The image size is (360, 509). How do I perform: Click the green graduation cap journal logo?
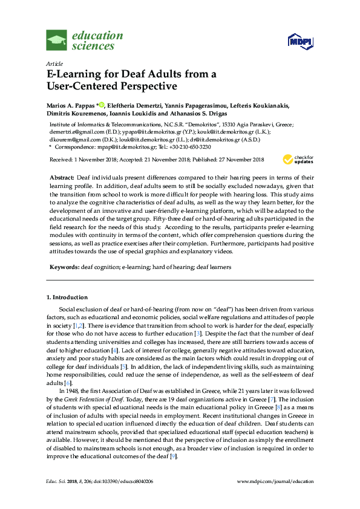click(56, 41)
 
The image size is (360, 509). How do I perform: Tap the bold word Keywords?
click(64, 267)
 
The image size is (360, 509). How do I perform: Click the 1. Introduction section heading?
click(67, 297)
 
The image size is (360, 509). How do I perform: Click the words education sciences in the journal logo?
click(97, 41)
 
